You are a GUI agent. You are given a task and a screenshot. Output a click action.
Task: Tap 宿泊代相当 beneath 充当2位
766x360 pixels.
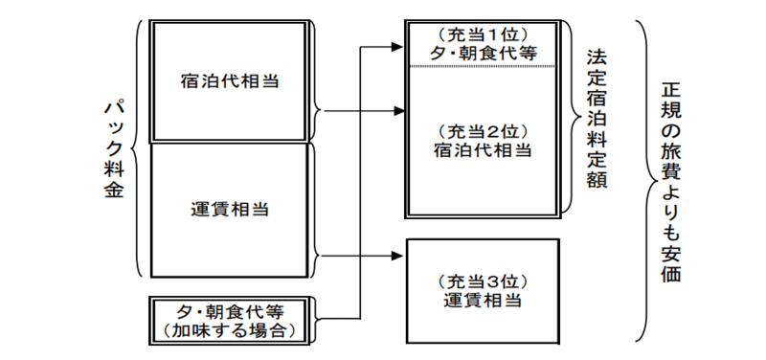pyautogui.click(x=482, y=150)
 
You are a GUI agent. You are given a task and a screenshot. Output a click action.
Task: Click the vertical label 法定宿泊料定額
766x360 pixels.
pyautogui.click(x=597, y=115)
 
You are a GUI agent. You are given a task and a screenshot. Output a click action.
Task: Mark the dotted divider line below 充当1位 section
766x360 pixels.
pyautogui.click(x=482, y=66)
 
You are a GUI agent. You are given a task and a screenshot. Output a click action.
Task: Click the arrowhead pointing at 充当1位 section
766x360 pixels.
pyautogui.click(x=398, y=44)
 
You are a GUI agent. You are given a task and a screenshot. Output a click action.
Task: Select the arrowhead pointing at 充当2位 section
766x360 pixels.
pyautogui.click(x=398, y=111)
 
